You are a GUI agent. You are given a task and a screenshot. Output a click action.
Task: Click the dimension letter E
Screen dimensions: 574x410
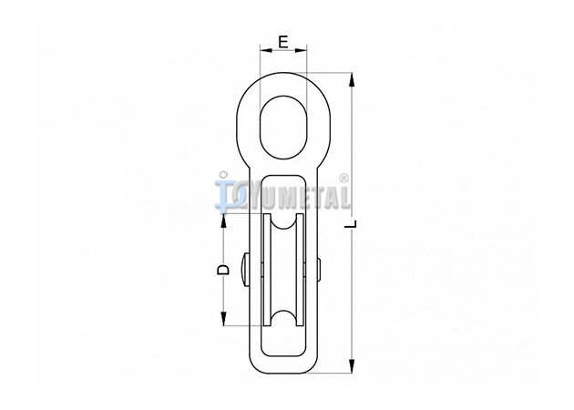(x=283, y=42)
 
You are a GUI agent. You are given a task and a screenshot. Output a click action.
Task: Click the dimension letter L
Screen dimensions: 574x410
(x=351, y=223)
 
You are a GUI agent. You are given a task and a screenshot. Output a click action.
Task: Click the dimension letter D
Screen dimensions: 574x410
(x=222, y=270)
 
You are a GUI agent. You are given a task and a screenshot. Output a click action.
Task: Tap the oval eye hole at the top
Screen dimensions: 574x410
(x=283, y=128)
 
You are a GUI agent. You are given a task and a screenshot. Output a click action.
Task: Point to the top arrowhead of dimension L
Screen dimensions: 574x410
(x=352, y=80)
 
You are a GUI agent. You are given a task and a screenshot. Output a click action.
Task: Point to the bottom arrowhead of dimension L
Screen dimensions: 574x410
(x=352, y=366)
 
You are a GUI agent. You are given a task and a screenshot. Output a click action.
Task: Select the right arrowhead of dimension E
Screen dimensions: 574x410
(x=300, y=50)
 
